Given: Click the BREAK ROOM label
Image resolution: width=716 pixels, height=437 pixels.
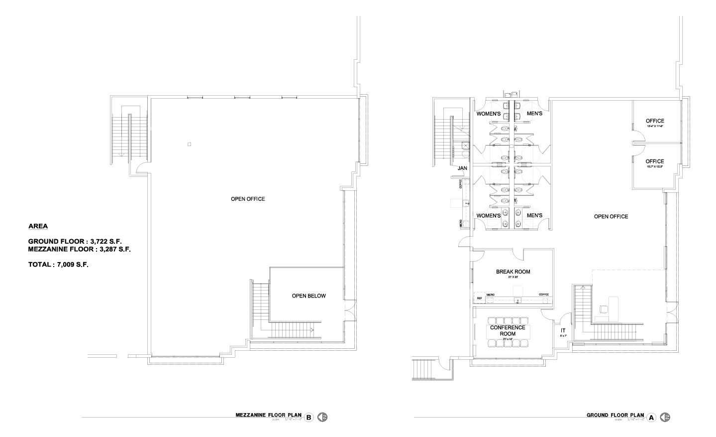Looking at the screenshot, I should pyautogui.click(x=513, y=272).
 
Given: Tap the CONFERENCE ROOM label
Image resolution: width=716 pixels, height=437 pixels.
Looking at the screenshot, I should pyautogui.click(x=508, y=330).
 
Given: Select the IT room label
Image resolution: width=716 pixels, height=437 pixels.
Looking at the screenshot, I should pyautogui.click(x=563, y=330).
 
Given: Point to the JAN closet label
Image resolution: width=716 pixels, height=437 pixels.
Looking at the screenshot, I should pyautogui.click(x=462, y=168).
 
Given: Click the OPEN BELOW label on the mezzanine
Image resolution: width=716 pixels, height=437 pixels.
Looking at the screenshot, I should pyautogui.click(x=308, y=295).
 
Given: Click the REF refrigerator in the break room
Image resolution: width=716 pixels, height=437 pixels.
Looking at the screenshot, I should pyautogui.click(x=480, y=298).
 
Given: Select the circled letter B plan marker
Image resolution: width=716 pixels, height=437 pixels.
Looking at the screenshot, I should pyautogui.click(x=309, y=418).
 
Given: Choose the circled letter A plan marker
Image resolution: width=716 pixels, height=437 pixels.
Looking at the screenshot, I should pyautogui.click(x=651, y=418).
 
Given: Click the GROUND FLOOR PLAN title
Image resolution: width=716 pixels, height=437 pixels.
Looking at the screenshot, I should pyautogui.click(x=615, y=415).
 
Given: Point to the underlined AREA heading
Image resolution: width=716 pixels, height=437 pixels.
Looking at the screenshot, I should pyautogui.click(x=38, y=226).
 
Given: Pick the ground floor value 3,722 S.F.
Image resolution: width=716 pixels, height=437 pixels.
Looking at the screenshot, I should pyautogui.click(x=106, y=241).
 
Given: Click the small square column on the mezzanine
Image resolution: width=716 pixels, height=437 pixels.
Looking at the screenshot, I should pyautogui.click(x=189, y=145).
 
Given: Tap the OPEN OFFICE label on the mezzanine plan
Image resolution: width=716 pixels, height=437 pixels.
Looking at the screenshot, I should pyautogui.click(x=248, y=199).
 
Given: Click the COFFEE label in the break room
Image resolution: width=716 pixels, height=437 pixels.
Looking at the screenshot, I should pyautogui.click(x=544, y=294).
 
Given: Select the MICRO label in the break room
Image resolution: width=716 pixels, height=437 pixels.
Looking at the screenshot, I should pyautogui.click(x=490, y=294).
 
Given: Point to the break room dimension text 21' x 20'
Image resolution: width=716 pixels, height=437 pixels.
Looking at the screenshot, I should pyautogui.click(x=513, y=277).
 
